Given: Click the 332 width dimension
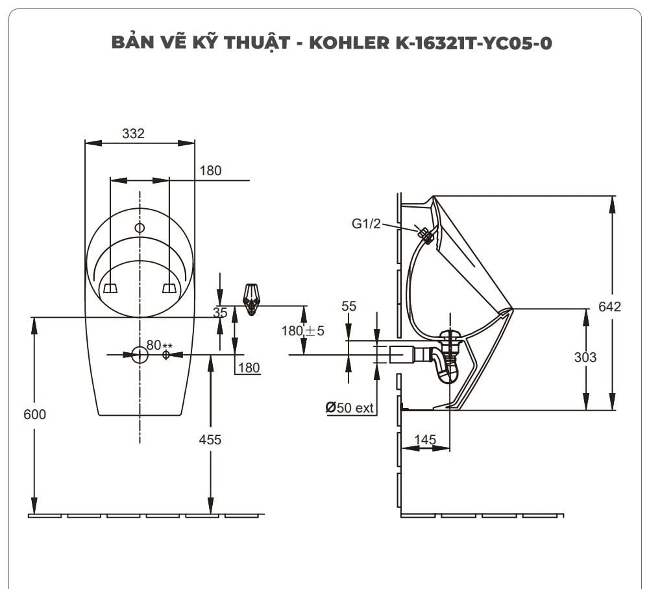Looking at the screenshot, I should pos(133,134).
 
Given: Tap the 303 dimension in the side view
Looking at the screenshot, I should pos(585,357).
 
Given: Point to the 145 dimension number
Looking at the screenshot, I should pos(424,440).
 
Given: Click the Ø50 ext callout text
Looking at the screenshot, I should pos(350,408).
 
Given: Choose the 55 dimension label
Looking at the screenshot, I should pos(349,306).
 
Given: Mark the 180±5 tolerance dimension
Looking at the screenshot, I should pos(302,331).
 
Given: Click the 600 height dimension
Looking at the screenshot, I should pos(34,415).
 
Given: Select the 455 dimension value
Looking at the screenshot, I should pos(210,440).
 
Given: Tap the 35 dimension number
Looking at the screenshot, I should pos(221,313).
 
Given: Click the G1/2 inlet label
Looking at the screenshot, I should pos(366,224).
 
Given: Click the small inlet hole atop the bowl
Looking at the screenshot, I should pos(140,228).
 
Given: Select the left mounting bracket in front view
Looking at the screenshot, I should pos(110,287).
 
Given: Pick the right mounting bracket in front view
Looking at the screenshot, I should pos(169,287).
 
